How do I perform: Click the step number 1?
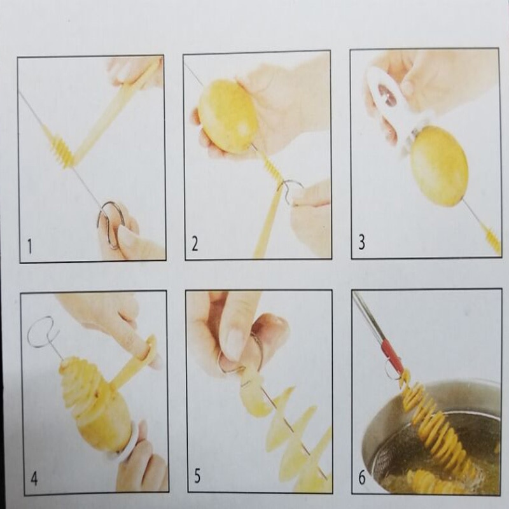point(30,246)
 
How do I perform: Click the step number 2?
point(195,244)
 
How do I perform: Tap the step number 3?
point(361,243)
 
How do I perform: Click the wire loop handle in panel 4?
point(41,331)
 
